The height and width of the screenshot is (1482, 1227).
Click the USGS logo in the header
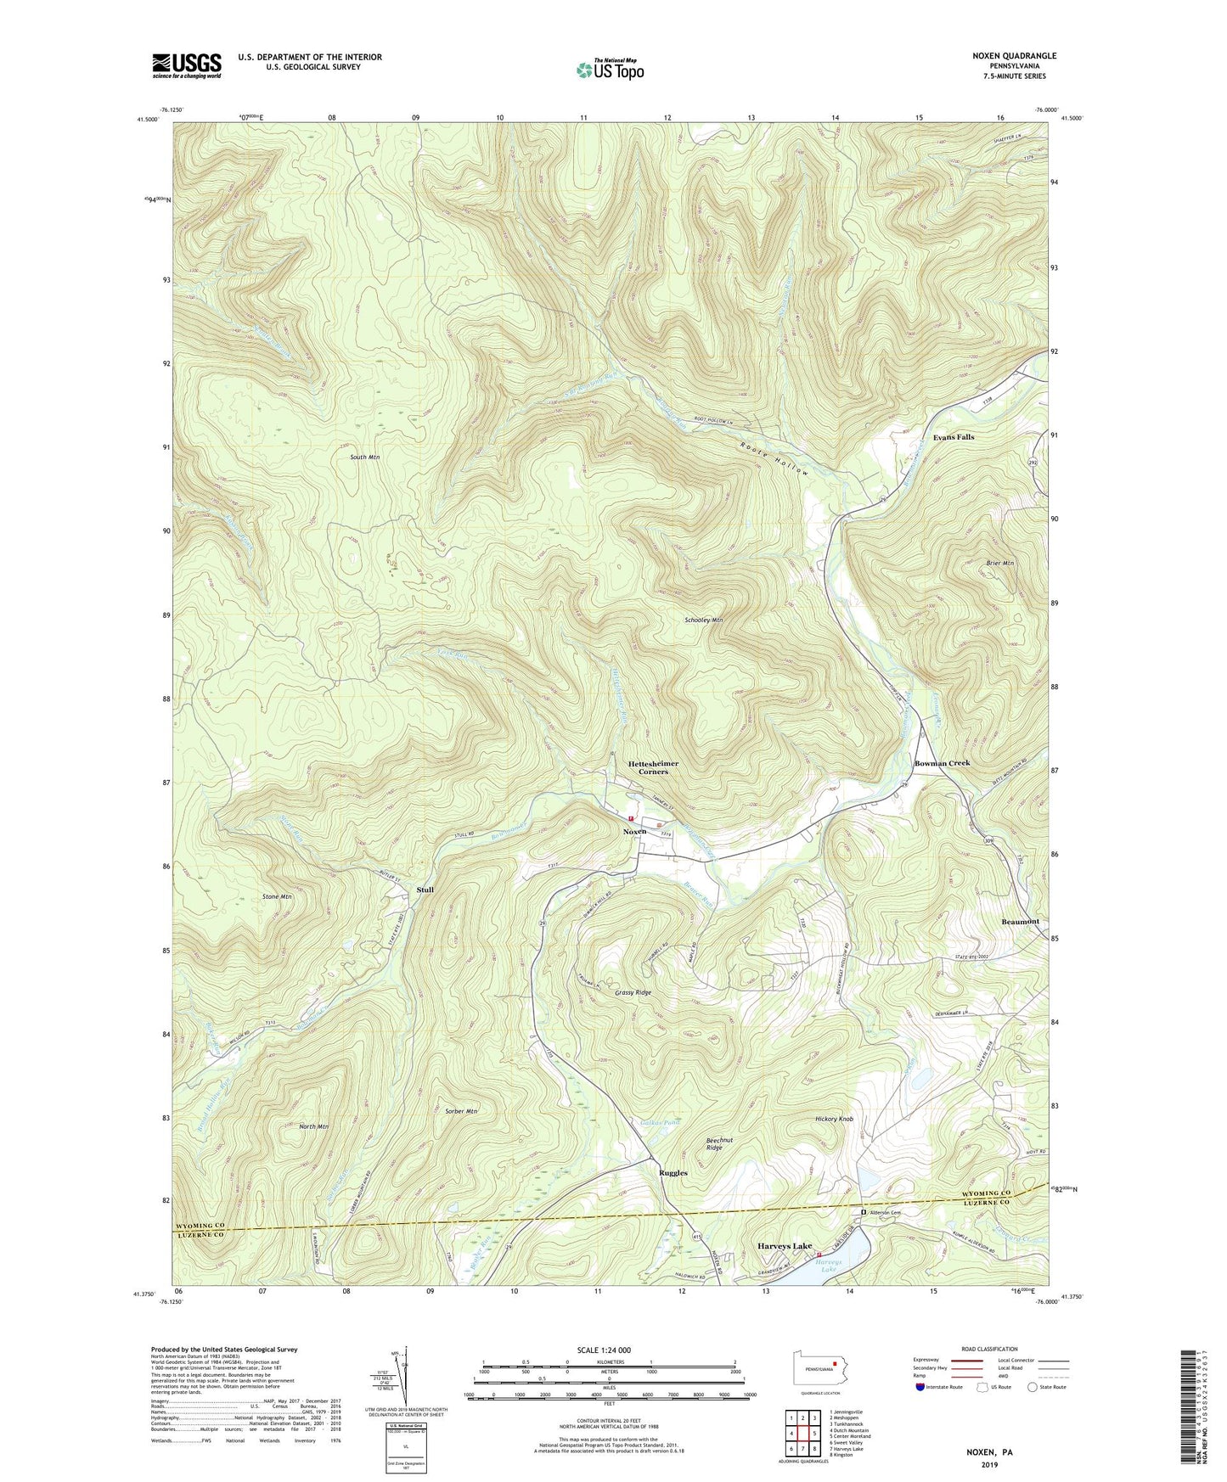coord(187,65)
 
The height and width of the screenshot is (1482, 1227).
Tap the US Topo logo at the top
coord(609,70)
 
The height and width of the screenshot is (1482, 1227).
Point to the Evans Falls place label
coord(954,437)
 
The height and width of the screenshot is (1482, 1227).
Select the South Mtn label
coord(364,458)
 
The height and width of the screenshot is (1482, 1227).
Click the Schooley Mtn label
coord(703,620)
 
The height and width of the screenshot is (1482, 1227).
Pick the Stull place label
coord(425,890)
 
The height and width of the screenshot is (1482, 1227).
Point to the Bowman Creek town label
coord(942,763)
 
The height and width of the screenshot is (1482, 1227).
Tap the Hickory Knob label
coord(834,1120)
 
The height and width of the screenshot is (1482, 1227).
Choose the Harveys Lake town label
coord(784,1246)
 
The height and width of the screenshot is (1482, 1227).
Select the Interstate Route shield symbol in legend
coord(920,1387)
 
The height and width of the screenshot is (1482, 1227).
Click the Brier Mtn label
coord(1000,563)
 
